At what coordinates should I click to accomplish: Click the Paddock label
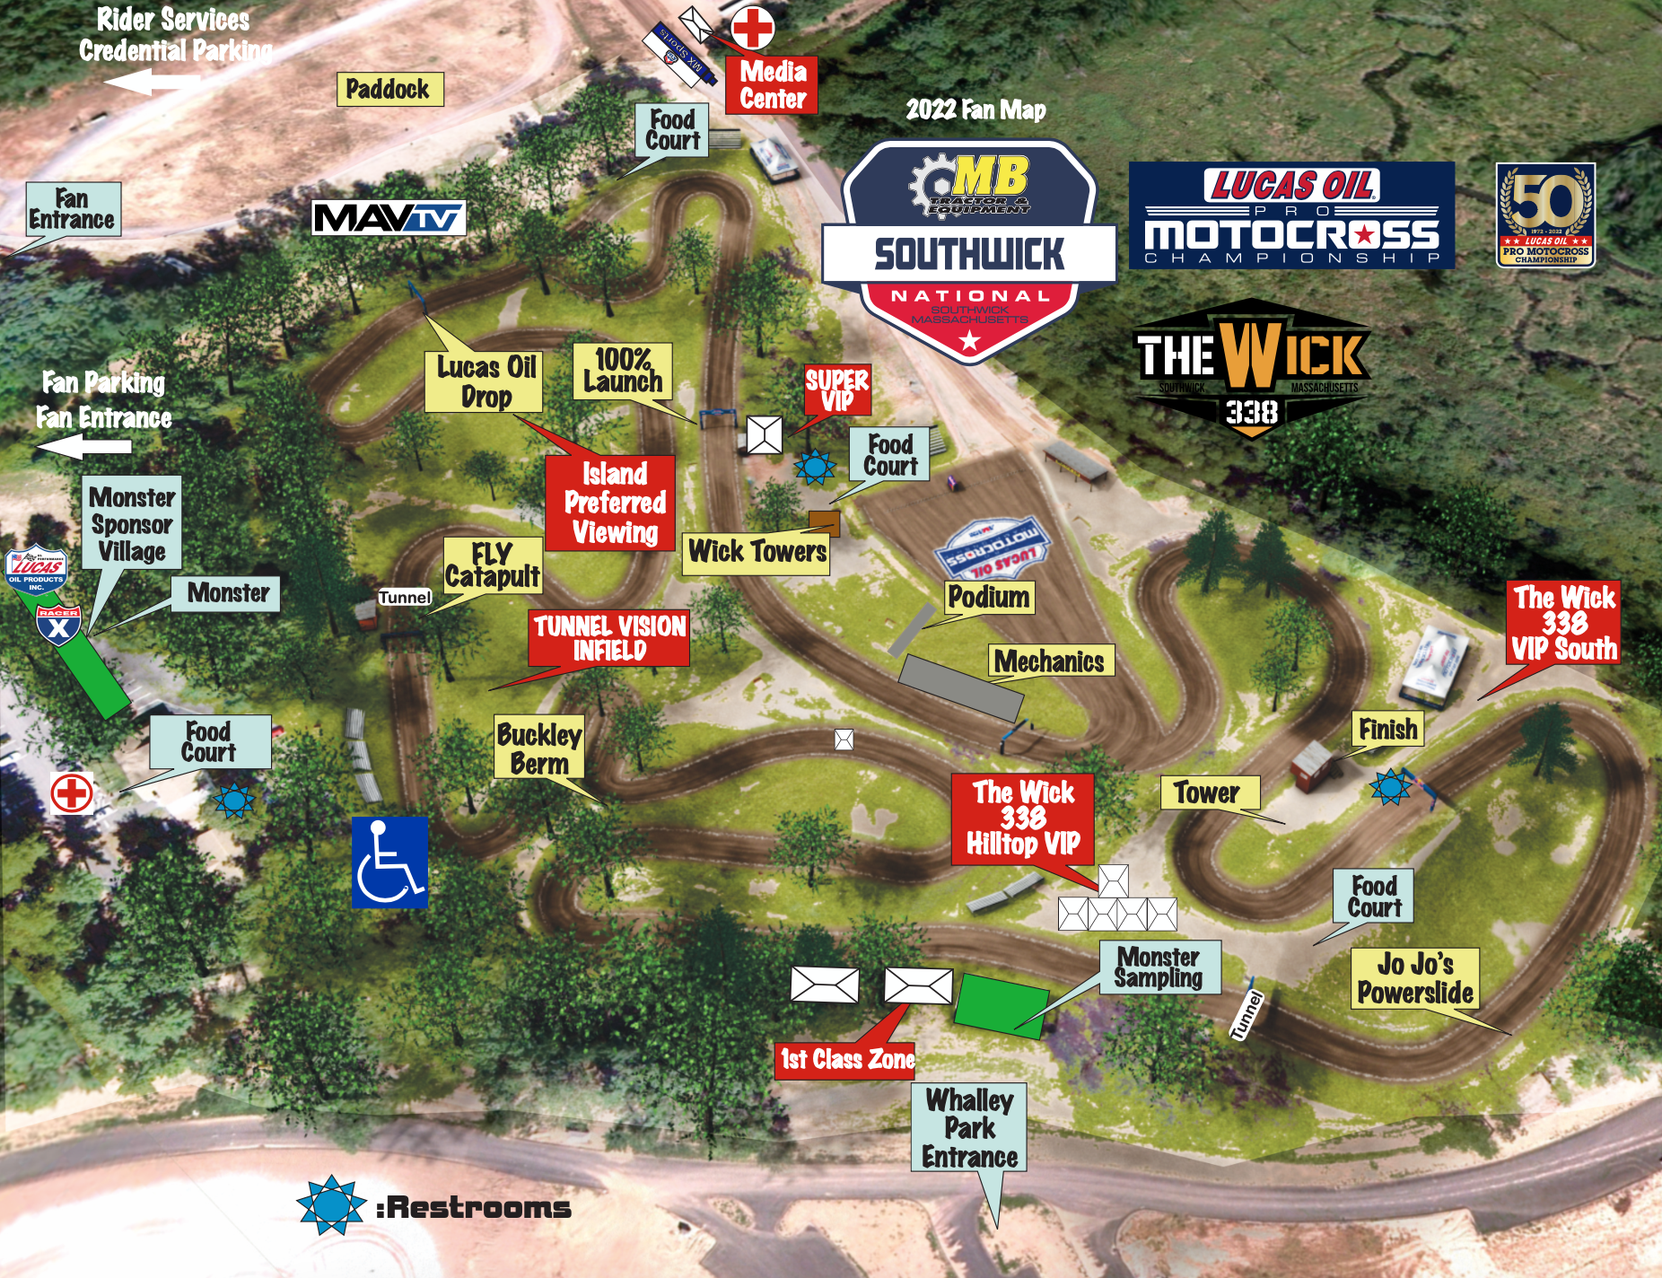coord(389,89)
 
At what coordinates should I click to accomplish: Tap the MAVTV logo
coord(389,218)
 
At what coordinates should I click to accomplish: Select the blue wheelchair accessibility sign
coord(389,862)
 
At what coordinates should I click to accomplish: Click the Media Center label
coord(773,85)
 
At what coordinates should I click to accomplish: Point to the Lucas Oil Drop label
coord(484,381)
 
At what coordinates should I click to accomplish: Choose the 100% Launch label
coord(623,371)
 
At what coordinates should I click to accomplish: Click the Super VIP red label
coord(837,390)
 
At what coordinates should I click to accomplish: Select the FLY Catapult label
coord(493,565)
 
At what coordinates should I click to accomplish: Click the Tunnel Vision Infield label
coord(609,638)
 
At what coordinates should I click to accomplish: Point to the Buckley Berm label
coord(539,748)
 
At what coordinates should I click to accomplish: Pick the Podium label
coord(989,597)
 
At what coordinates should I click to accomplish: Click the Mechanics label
coord(1050,661)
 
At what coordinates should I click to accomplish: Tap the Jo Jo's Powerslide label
coord(1415,978)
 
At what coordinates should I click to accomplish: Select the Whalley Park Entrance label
coord(970,1128)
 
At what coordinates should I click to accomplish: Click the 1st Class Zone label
coord(846,1059)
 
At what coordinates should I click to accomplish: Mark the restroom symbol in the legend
coord(331,1205)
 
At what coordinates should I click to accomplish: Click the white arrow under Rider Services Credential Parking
coord(152,83)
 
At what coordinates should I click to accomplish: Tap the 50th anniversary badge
coord(1545,214)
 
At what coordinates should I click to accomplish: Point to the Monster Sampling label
coord(1159,967)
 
